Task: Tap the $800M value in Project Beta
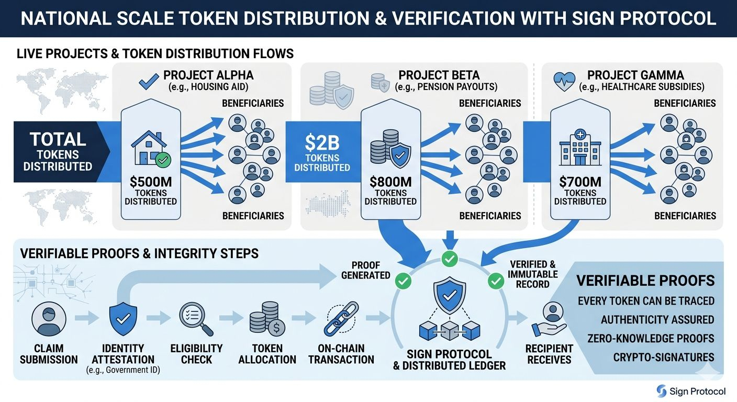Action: (x=390, y=183)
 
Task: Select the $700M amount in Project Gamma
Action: (x=580, y=183)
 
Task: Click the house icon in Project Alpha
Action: (x=150, y=148)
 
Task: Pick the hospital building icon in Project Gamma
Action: (x=579, y=148)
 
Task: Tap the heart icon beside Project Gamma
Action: (x=564, y=82)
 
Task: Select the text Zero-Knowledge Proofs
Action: (x=646, y=339)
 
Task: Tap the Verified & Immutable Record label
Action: (x=533, y=274)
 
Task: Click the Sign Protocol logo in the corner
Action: (x=691, y=391)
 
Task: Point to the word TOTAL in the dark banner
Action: (x=58, y=139)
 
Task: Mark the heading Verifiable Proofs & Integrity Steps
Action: (x=139, y=254)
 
